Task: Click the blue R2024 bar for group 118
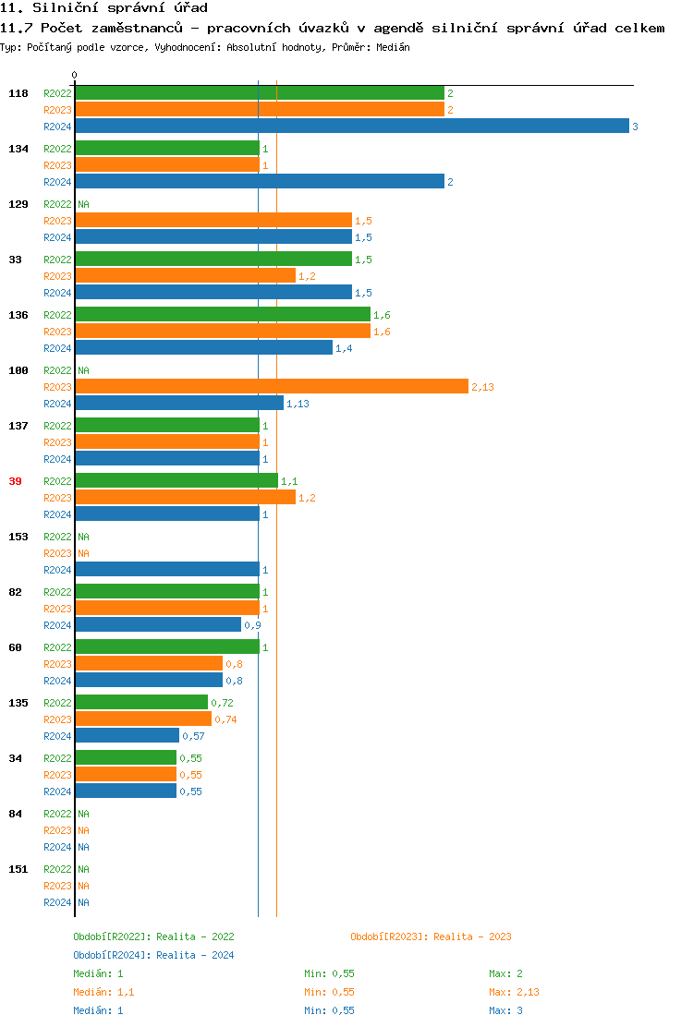click(351, 127)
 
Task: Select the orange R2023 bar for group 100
click(272, 387)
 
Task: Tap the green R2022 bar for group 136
click(222, 315)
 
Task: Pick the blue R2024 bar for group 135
click(127, 736)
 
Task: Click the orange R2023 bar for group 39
click(185, 498)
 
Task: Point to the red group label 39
click(15, 481)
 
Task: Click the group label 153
click(18, 537)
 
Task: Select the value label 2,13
click(482, 387)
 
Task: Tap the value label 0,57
click(193, 736)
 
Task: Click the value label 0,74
click(225, 719)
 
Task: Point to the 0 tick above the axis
click(75, 75)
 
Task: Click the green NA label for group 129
click(83, 204)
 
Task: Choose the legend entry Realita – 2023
click(431, 936)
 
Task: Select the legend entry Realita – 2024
click(153, 955)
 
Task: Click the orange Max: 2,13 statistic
click(514, 992)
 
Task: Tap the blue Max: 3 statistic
click(506, 1010)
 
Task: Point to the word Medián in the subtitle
click(394, 47)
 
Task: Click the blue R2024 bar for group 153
click(166, 570)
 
